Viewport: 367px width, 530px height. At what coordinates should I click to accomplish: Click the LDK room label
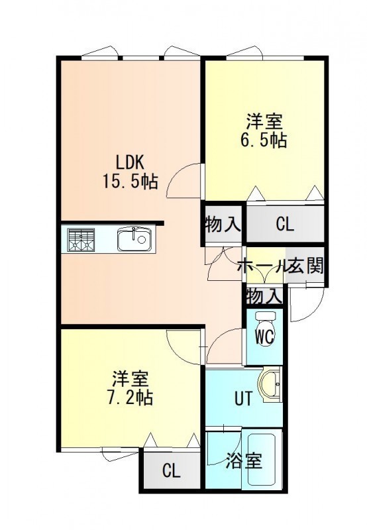click(131, 163)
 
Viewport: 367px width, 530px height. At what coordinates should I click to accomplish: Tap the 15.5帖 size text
click(131, 182)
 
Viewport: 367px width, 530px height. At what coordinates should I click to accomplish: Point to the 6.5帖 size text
click(264, 140)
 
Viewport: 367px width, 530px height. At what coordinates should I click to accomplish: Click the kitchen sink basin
click(134, 238)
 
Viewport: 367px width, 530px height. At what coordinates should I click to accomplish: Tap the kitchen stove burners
click(81, 240)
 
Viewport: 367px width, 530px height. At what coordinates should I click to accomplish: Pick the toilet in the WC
click(266, 328)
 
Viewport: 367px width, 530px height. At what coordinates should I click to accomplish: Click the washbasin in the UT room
click(270, 386)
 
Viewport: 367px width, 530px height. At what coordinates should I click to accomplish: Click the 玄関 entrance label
click(306, 266)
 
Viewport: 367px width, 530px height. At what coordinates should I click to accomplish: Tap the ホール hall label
click(261, 266)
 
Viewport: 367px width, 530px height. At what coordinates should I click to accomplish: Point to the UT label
click(243, 399)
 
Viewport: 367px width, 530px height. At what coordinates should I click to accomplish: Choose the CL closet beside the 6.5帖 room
click(286, 223)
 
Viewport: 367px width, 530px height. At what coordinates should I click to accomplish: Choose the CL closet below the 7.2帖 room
click(172, 470)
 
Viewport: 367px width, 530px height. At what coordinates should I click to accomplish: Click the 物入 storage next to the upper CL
click(223, 224)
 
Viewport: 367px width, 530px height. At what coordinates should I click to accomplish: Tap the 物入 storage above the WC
click(264, 296)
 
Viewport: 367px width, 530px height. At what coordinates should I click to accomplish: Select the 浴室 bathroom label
click(244, 461)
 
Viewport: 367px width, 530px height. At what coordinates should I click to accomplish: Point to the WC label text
click(265, 337)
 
